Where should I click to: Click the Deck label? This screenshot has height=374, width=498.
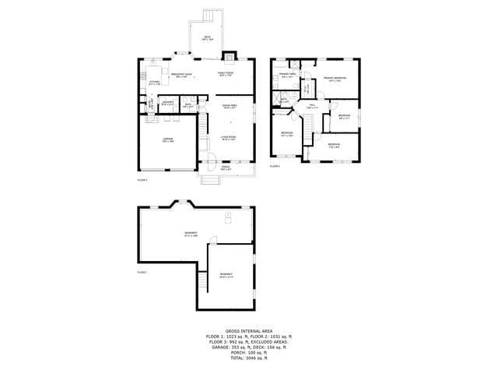tap(207, 38)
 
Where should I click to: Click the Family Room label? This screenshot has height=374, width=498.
tap(226, 75)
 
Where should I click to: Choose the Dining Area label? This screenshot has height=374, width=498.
tap(230, 106)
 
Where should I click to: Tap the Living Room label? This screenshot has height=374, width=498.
tap(227, 138)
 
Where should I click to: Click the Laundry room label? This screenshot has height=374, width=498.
tap(167, 104)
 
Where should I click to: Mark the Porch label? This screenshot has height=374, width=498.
tap(226, 168)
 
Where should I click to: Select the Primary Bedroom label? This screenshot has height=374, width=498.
tap(335, 79)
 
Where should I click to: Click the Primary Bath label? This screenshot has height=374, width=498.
tap(287, 76)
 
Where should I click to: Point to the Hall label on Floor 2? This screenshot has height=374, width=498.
tap(310, 107)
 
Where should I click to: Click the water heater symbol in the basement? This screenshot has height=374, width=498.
tap(228, 216)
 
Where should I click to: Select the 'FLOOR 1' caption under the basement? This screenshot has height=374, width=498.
tap(142, 272)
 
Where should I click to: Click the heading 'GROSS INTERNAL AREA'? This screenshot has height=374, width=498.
tap(249, 330)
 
